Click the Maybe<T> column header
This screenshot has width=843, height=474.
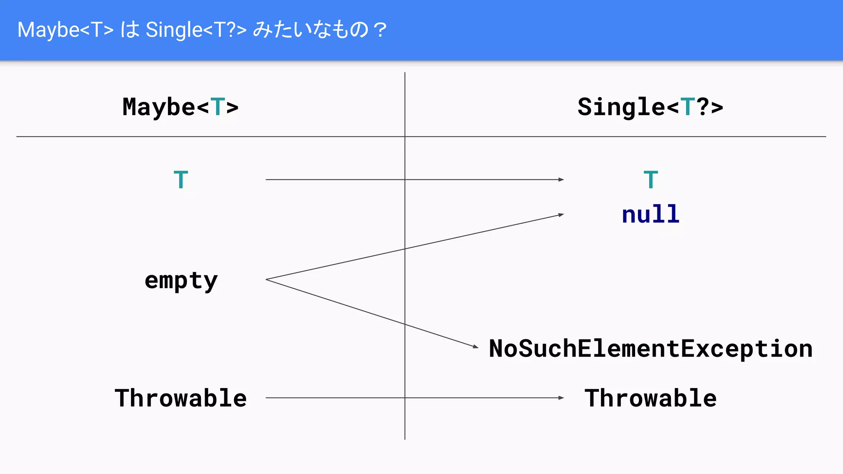pos(180,107)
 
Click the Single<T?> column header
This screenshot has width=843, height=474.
pos(650,107)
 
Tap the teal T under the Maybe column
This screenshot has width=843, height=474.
pos(181,180)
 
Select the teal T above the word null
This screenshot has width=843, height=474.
pos(650,180)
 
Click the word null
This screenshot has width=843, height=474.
pos(650,214)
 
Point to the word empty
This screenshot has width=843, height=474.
pos(181,281)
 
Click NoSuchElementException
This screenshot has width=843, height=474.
pos(650,349)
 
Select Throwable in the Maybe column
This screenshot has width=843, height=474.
pos(181,398)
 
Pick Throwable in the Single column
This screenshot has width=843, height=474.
pos(650,398)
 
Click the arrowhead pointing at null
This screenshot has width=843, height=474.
pos(561,215)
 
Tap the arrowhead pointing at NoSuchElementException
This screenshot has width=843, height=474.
pos(476,347)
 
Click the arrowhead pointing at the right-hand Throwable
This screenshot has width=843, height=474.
pos(561,398)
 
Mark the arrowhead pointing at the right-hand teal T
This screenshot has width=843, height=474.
pos(561,179)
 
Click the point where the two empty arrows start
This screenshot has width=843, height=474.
pos(266,280)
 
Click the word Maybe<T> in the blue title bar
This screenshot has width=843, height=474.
pos(65,30)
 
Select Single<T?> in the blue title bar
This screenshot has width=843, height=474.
pos(196,30)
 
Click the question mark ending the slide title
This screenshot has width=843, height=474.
pos(380,30)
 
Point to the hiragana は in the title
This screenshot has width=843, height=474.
pos(130,30)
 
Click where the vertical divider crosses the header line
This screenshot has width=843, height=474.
pos(405,137)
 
